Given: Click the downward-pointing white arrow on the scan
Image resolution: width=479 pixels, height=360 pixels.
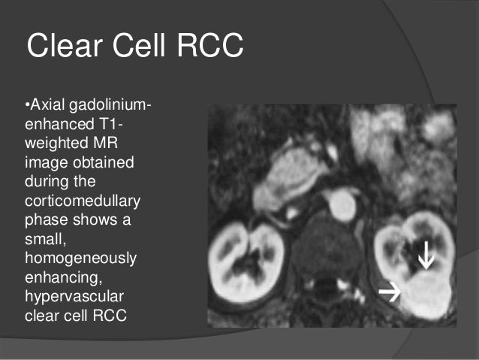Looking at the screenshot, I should pyautogui.click(x=425, y=259).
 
